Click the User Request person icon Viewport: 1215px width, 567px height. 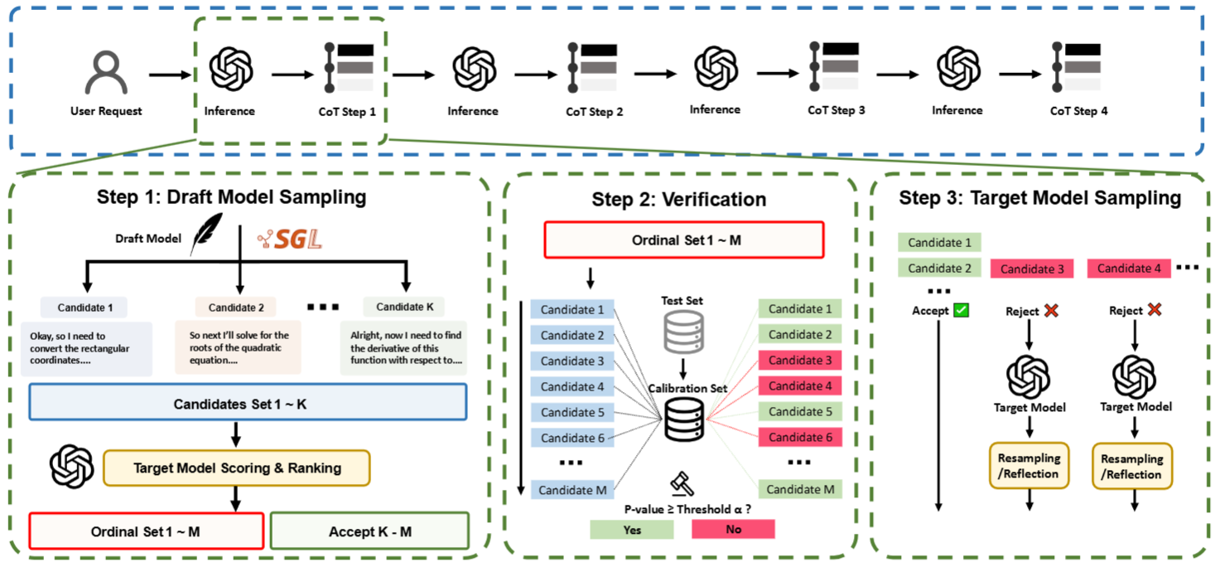click(x=106, y=72)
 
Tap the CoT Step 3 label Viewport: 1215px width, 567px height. click(x=836, y=109)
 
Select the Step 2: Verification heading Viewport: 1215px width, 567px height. click(x=678, y=200)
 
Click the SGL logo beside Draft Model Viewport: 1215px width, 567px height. click(x=289, y=239)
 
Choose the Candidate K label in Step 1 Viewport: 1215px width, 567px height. click(x=404, y=307)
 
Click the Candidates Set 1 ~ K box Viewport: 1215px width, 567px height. click(x=248, y=405)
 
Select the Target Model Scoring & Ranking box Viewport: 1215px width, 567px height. click(x=237, y=468)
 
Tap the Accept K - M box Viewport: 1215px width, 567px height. click(x=369, y=531)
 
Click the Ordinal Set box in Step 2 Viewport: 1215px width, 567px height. click(x=683, y=240)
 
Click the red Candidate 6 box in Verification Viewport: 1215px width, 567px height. click(x=799, y=438)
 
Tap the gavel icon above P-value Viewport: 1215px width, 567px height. click(x=682, y=482)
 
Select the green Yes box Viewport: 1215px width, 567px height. click(x=631, y=529)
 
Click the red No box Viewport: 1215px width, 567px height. click(x=733, y=529)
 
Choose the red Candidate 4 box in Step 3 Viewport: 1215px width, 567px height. click(x=1129, y=268)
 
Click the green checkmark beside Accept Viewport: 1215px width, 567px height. click(x=961, y=311)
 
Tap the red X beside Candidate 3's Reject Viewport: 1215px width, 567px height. click(x=1051, y=311)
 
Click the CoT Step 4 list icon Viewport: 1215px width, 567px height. click(x=1077, y=66)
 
